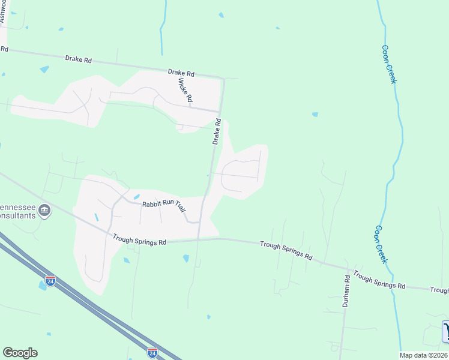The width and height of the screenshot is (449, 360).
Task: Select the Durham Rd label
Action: click(346, 293)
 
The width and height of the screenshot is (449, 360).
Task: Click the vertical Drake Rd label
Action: click(217, 131)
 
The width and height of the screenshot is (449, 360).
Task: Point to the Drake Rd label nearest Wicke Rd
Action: click(181, 73)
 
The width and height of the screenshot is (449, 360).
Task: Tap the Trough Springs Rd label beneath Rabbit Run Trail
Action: click(139, 239)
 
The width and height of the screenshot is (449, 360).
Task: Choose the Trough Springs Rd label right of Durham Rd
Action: click(379, 280)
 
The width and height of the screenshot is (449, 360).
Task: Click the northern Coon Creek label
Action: click(389, 64)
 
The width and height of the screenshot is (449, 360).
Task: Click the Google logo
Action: click(20, 353)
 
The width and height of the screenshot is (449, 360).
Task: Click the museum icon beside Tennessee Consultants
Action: click(44, 211)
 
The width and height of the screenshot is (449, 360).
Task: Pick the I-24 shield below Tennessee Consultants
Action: click(50, 280)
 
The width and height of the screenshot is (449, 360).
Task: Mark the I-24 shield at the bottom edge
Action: click(152, 352)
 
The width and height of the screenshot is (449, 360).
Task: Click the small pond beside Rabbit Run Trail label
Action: click(137, 196)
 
